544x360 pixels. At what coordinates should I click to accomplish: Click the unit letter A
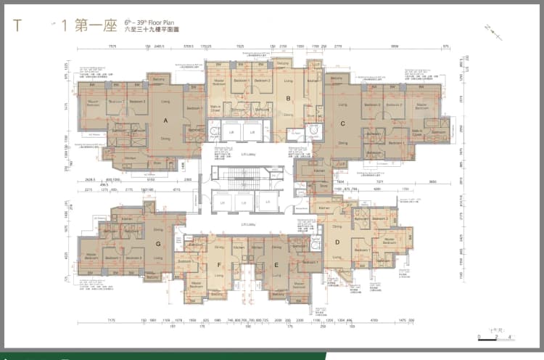165,120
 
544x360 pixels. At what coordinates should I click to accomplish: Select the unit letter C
342,123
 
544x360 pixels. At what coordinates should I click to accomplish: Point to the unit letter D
337,242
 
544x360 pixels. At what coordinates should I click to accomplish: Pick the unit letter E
276,266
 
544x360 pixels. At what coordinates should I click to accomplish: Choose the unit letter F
218,266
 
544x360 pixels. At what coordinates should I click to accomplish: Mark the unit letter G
158,244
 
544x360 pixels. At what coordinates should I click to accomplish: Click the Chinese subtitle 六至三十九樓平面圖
154,32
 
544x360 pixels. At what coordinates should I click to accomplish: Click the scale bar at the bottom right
495,337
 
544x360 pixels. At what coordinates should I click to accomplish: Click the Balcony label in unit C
335,78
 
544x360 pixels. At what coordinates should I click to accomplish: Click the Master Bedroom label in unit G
91,256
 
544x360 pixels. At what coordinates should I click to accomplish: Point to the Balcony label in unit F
217,294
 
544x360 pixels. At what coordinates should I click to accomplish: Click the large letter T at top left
17,26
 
